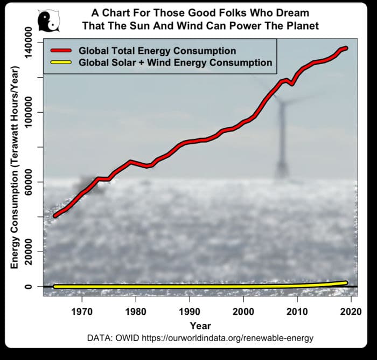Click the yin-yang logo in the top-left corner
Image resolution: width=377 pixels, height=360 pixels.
point(48,21)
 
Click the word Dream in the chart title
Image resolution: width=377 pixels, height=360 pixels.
point(295,11)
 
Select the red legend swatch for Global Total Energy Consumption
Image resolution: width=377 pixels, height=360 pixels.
point(62,51)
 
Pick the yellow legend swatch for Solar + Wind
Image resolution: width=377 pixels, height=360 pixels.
point(62,63)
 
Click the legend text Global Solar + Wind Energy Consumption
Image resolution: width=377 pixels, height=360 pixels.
point(175,63)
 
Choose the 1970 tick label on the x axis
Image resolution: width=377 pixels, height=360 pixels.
point(82,311)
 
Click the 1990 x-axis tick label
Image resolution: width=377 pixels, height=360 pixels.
point(190,311)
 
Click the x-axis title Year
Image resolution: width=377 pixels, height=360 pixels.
point(200,326)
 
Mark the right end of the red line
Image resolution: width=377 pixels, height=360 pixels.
point(346,48)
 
